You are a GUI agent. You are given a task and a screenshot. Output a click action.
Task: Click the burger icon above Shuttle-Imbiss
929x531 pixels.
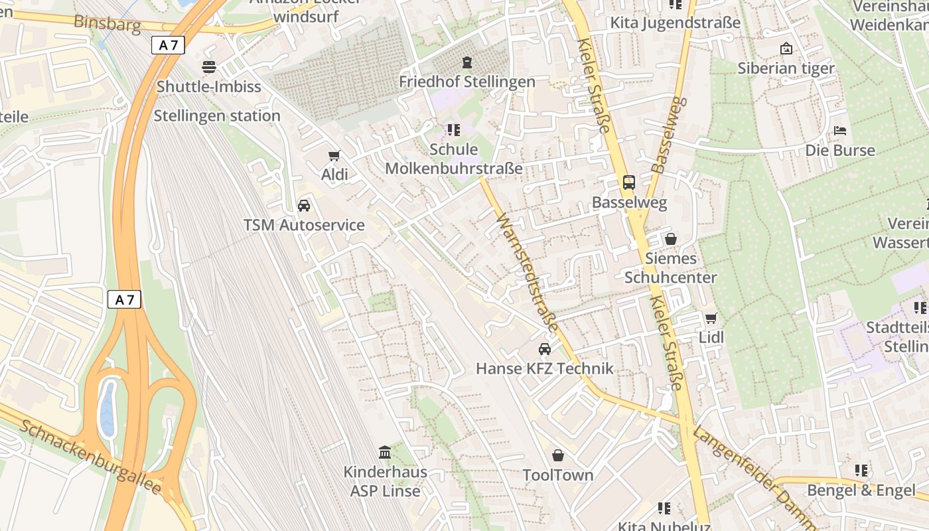pos(209,67)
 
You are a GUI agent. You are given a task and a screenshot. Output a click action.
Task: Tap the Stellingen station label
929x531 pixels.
pos(217,116)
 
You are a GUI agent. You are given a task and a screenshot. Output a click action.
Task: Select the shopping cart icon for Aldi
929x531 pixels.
pos(334,156)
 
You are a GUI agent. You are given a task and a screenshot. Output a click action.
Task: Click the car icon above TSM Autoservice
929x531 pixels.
pos(304,206)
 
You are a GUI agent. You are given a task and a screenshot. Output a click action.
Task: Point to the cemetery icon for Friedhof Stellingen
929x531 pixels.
pos(467,62)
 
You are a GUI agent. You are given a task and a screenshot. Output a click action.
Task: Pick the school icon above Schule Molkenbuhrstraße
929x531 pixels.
pos(454,130)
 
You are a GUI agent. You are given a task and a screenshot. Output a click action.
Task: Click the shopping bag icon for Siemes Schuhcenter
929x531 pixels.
pos(671,239)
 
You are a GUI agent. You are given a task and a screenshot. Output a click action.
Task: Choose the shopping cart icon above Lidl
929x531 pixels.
pos(711,318)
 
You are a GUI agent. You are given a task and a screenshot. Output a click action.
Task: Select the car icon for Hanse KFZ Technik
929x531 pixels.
pos(545,349)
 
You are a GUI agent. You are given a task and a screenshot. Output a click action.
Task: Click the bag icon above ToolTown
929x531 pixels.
pos(558,455)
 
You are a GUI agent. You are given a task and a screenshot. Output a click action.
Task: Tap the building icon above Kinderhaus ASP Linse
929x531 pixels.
pos(385,453)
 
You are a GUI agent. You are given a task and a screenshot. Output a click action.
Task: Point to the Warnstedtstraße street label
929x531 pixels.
pos(528,272)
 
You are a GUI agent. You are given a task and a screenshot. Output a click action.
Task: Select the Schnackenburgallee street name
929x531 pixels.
pos(90,457)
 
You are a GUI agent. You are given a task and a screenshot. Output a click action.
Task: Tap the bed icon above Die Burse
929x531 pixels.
pos(840,131)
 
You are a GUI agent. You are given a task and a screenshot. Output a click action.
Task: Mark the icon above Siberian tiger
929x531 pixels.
pos(786,48)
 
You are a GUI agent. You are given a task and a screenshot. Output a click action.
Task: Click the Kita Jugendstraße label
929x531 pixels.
pos(675,23)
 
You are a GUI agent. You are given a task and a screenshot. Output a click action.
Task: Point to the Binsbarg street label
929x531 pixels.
pos(107,23)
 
